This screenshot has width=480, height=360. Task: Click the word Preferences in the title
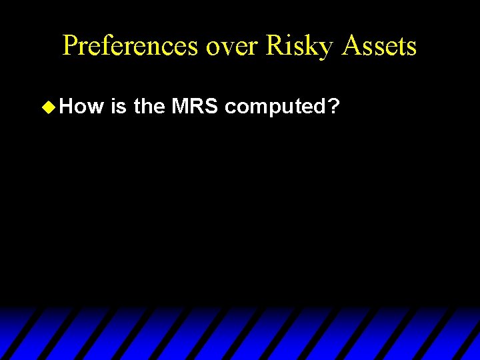tap(131, 45)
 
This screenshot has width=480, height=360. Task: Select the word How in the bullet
tap(82, 106)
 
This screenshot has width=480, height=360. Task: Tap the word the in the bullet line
tap(149, 106)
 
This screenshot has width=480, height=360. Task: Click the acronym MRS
tap(195, 106)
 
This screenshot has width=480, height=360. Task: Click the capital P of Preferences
tap(70, 45)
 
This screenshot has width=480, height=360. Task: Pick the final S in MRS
tap(211, 106)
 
